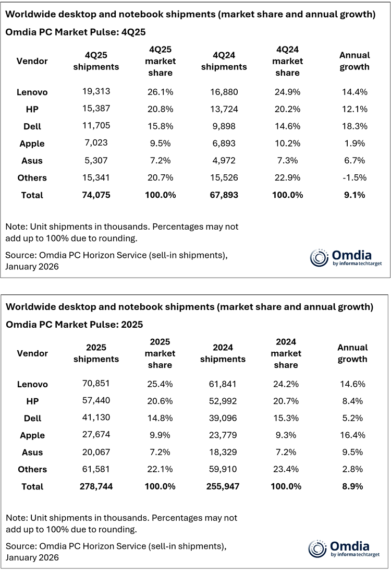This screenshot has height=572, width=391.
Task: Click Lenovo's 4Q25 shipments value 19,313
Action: pyautogui.click(x=96, y=92)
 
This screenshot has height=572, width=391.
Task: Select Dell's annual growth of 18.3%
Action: pyautogui.click(x=354, y=126)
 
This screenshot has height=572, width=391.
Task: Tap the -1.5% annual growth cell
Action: pyautogui.click(x=354, y=178)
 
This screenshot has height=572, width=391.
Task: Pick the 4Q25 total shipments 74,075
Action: pyautogui.click(x=96, y=195)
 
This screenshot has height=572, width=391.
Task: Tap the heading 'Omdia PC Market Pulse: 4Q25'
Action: pyautogui.click(x=75, y=32)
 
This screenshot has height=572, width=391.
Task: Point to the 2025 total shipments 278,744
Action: pyautogui.click(x=96, y=486)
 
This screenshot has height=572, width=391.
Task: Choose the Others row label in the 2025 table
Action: pyautogui.click(x=32, y=469)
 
